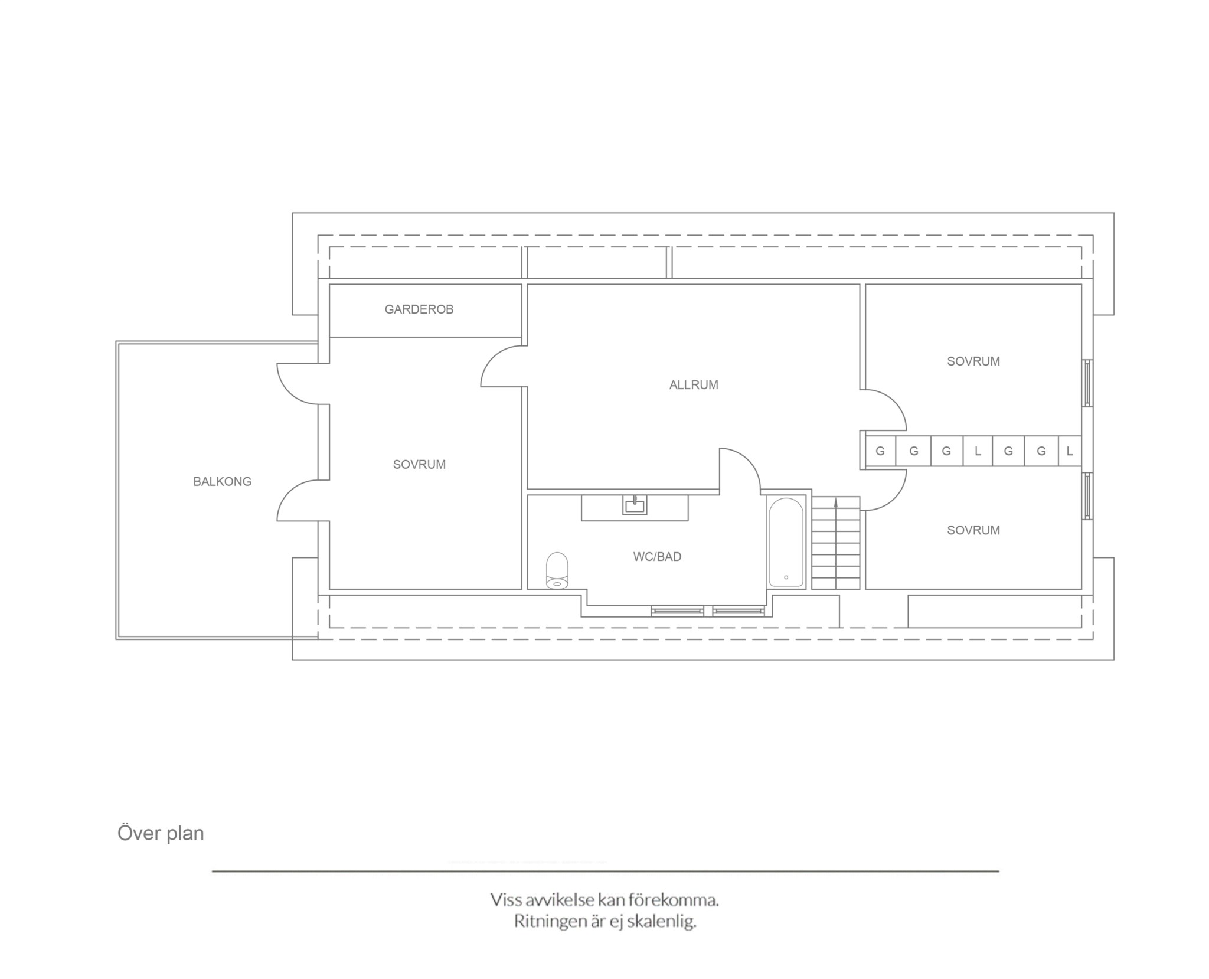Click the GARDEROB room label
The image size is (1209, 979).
point(419,309)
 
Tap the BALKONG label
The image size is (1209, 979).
point(222,482)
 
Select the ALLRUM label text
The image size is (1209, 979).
point(694,385)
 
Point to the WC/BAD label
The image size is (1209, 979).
point(657,557)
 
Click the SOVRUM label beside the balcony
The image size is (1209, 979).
point(419,465)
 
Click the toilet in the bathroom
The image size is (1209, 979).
point(557,571)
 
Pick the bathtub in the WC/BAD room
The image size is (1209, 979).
point(786,542)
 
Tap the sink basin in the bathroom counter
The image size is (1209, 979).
point(635,505)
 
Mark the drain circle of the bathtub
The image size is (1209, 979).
point(786,577)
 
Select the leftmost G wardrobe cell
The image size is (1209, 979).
point(880,451)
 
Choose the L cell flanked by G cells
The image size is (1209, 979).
point(978,451)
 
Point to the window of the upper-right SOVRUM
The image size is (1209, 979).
point(1087,383)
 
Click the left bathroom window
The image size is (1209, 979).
point(678,611)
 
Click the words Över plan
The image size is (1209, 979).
point(161,833)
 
